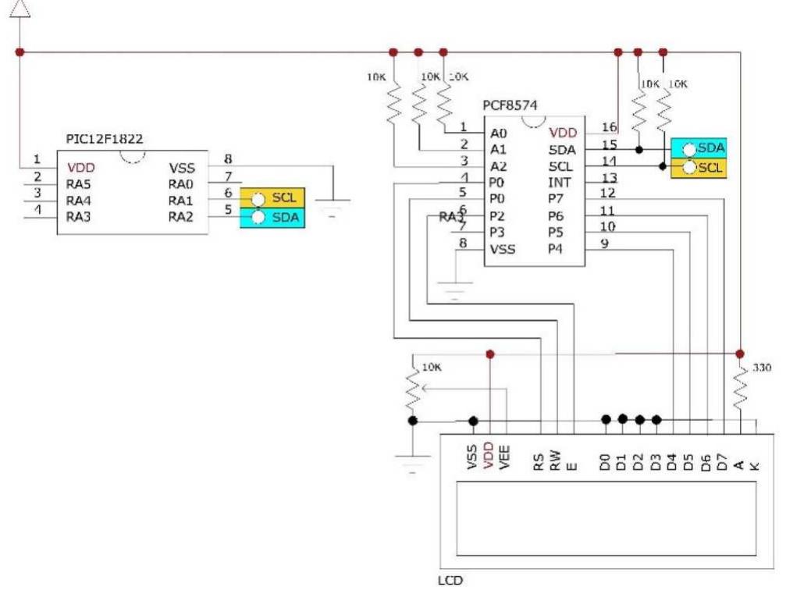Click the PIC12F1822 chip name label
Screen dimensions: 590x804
pos(105,138)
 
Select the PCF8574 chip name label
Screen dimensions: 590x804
pos(510,105)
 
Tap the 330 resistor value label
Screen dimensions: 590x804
pos(761,367)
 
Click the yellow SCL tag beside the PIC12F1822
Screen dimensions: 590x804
pos(273,198)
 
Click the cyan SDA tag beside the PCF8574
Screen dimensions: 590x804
pos(700,148)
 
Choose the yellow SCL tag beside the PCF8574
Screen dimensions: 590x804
pos(700,168)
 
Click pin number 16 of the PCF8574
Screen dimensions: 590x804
pos(609,127)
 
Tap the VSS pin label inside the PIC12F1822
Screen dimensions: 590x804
pos(182,167)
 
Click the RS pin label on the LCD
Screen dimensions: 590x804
pos(539,462)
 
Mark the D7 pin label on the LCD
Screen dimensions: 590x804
pos(723,462)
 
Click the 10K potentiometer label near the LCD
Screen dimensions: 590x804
pos(432,367)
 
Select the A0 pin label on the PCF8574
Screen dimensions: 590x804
pos(497,132)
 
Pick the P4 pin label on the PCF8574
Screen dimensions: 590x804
pos(555,249)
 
